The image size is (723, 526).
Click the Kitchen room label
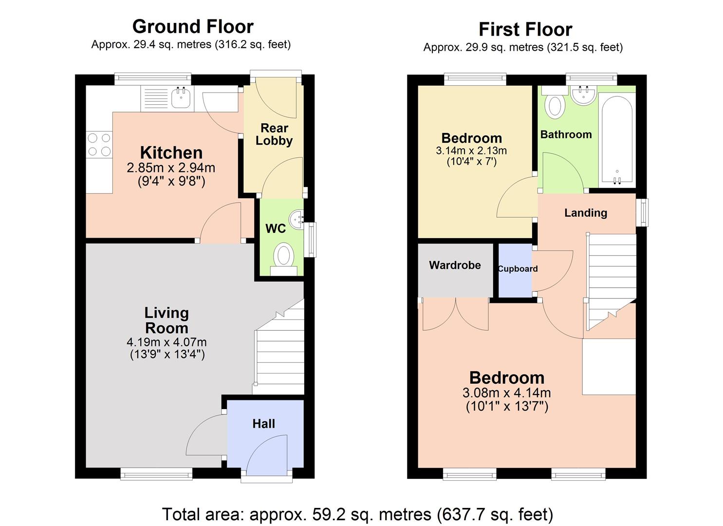click(x=171, y=152)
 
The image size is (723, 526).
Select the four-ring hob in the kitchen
click(x=99, y=145)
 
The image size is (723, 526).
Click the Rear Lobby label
click(x=274, y=134)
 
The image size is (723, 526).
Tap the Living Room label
click(x=167, y=320)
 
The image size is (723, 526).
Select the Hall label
click(x=263, y=424)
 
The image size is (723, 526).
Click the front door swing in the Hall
click(x=268, y=455)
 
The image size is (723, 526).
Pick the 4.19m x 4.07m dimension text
click(x=167, y=342)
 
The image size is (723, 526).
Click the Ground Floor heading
click(x=193, y=26)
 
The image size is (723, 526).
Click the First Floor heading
click(x=525, y=29)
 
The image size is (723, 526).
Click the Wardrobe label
click(x=455, y=265)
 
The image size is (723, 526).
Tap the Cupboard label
click(x=518, y=269)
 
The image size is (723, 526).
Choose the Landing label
click(x=585, y=213)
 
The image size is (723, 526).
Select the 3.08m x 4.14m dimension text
click(x=506, y=393)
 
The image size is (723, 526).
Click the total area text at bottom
click(x=357, y=514)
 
